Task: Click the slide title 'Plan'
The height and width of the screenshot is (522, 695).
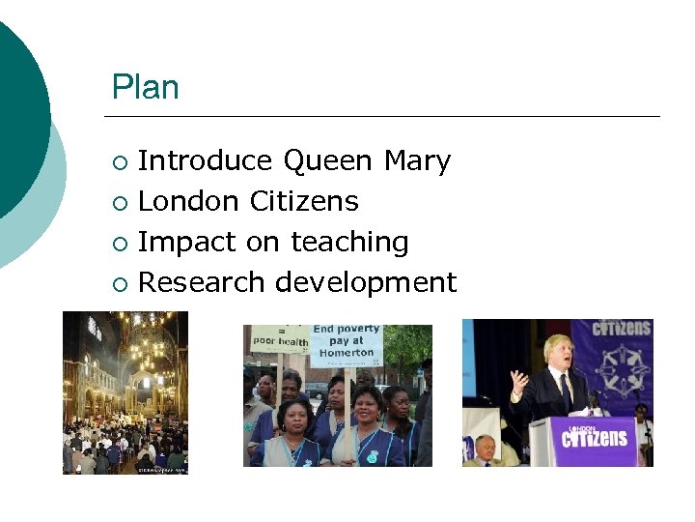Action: tap(145, 88)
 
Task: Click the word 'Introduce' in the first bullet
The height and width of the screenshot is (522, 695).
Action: tap(206, 160)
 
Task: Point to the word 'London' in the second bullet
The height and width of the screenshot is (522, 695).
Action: tap(188, 201)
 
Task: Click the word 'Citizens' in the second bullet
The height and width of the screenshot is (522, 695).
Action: tap(304, 201)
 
